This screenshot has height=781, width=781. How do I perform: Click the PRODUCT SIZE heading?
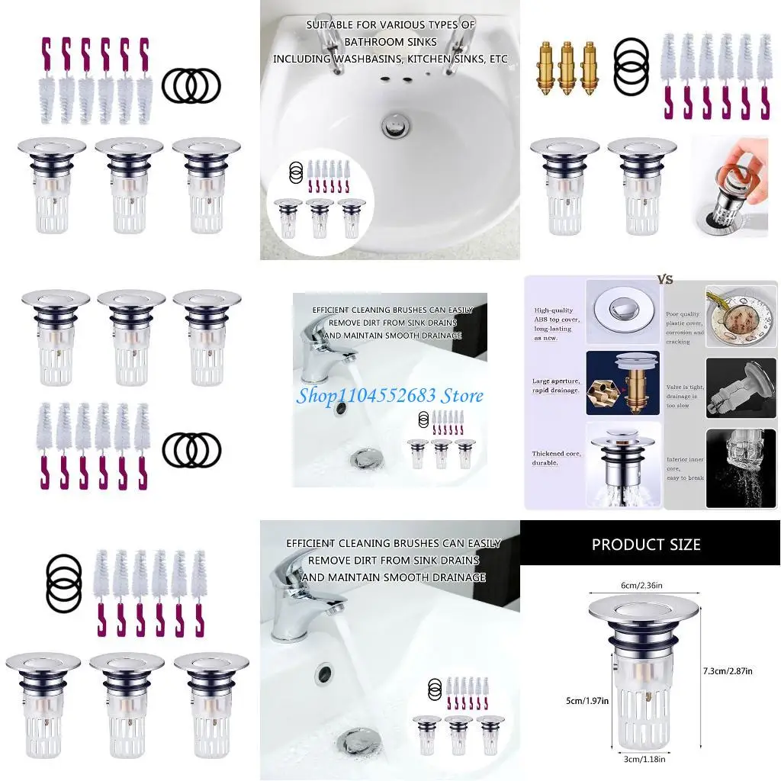point(646,545)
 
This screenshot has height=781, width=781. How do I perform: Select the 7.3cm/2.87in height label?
point(727,670)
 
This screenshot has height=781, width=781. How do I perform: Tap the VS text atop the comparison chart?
point(665,280)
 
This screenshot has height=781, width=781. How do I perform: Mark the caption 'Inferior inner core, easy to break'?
point(684,468)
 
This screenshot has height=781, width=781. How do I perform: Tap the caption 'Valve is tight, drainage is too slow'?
point(684,396)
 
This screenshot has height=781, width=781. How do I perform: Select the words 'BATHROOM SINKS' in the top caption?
point(390,42)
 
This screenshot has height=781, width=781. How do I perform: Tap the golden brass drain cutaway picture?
point(622,384)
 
